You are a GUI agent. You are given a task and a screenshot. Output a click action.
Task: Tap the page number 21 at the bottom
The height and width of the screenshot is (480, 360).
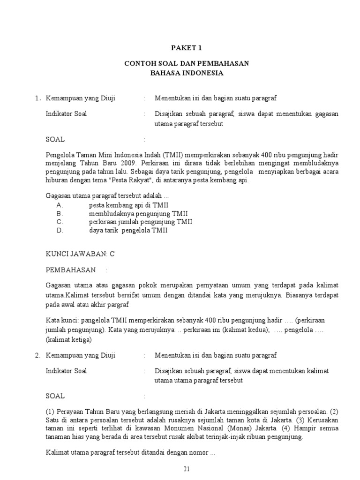point(187,469)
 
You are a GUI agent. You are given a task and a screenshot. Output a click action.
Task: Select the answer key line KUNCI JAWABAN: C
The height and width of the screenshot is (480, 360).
point(80,254)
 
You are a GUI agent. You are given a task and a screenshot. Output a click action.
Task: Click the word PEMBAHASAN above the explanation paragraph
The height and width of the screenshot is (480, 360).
point(70,270)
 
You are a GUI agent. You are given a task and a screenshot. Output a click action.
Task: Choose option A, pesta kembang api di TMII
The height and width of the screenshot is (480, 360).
point(129,205)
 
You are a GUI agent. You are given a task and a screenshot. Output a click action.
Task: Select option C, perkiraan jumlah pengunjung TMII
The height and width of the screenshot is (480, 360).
point(141,222)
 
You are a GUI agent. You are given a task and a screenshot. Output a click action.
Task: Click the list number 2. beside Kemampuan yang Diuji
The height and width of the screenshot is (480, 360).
point(38,356)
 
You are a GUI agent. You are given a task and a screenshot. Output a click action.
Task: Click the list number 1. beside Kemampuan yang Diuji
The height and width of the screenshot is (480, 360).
point(38,98)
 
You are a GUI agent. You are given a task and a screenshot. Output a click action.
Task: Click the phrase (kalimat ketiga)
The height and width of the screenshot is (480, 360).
point(69,340)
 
